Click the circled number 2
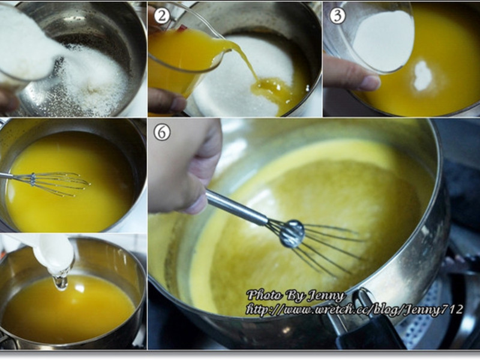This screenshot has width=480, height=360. (x=161, y=16)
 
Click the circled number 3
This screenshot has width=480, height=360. (x=337, y=16)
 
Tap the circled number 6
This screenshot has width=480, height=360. (x=161, y=132)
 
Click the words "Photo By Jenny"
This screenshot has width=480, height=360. (x=296, y=295)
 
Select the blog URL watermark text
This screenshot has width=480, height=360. (x=354, y=310)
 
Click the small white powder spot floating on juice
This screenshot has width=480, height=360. (x=422, y=76)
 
